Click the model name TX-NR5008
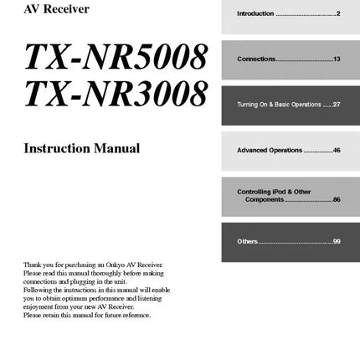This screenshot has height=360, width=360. [116, 57]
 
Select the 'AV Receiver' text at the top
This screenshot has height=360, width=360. [56, 10]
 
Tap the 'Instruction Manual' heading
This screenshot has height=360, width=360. [81, 149]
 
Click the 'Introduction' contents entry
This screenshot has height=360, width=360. [255, 14]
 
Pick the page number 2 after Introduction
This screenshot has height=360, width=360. [337, 14]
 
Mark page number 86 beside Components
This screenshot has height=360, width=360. [336, 199]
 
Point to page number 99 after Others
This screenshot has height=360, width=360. [336, 241]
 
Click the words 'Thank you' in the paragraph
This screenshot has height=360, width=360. [34, 264]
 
